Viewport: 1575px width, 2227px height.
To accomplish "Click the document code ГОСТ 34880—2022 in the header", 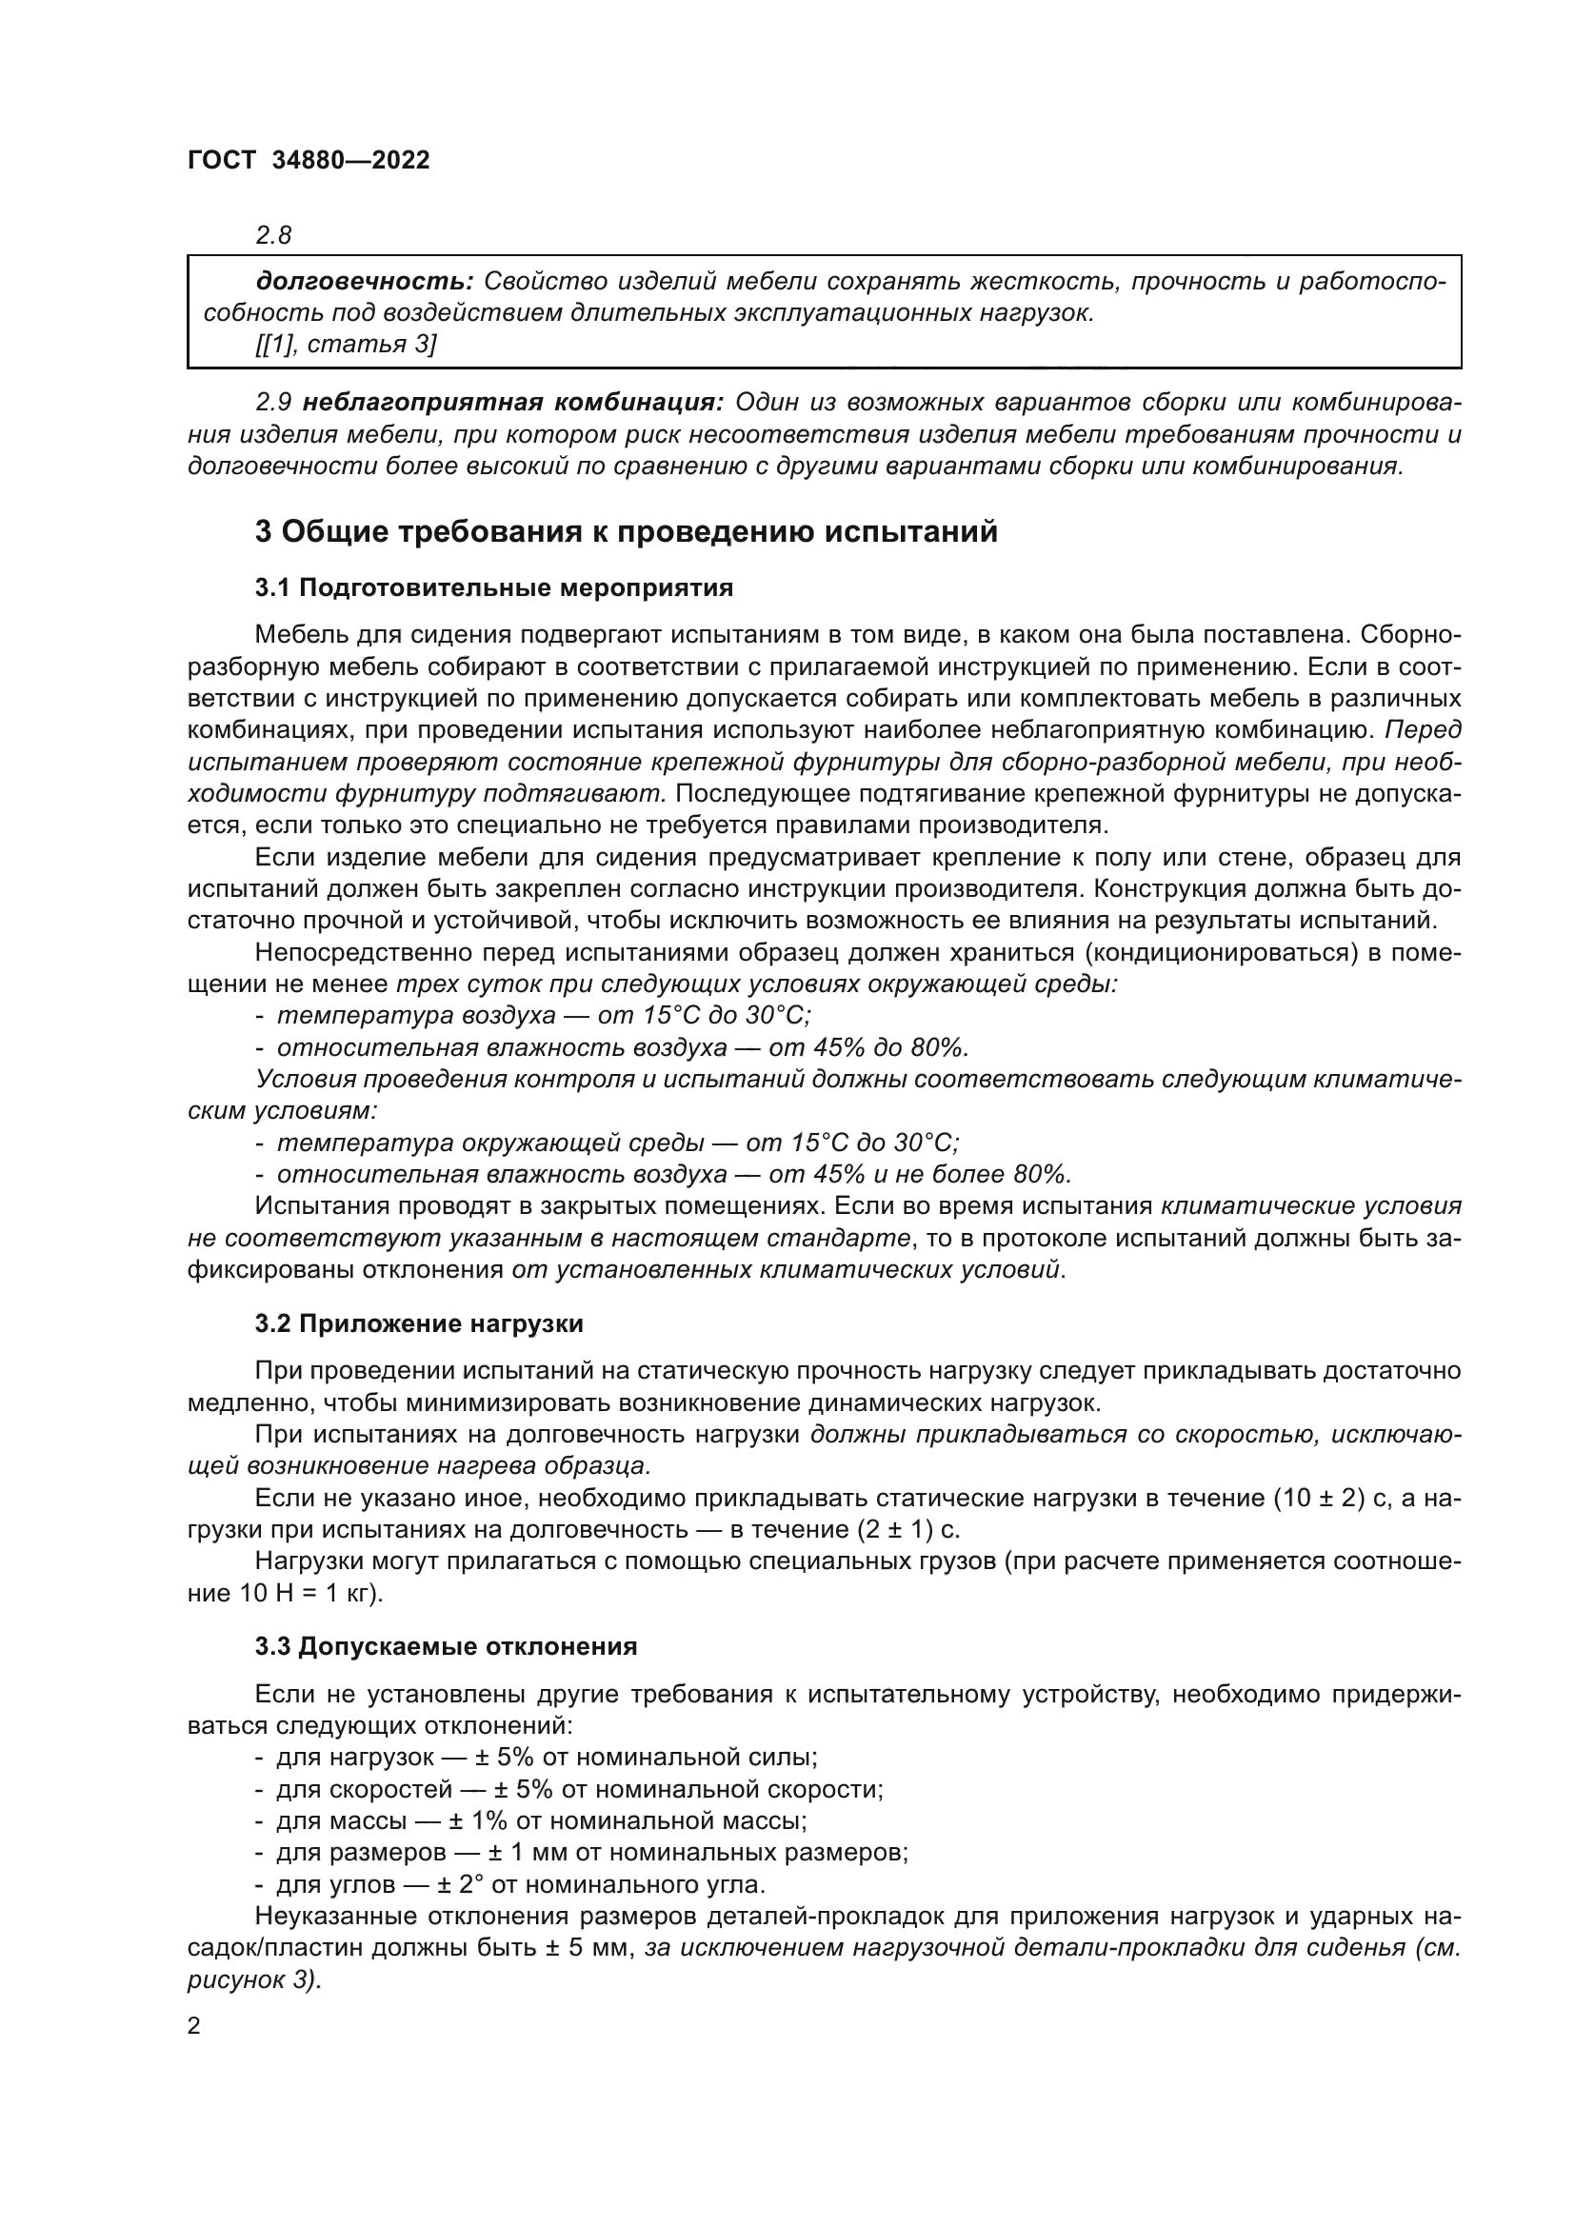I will click(308, 161).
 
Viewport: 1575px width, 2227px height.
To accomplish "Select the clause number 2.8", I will click(273, 235).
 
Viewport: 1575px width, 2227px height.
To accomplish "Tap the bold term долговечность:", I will click(364, 281).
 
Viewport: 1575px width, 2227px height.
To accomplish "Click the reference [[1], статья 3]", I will click(346, 344).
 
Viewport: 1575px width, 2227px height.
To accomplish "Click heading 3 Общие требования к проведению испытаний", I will click(626, 531).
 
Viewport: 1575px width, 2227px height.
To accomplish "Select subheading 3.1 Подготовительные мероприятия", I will click(493, 587).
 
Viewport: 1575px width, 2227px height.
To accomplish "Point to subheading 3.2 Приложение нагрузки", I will click(419, 1323).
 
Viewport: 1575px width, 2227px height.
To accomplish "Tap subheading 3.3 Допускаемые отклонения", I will click(446, 1646).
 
